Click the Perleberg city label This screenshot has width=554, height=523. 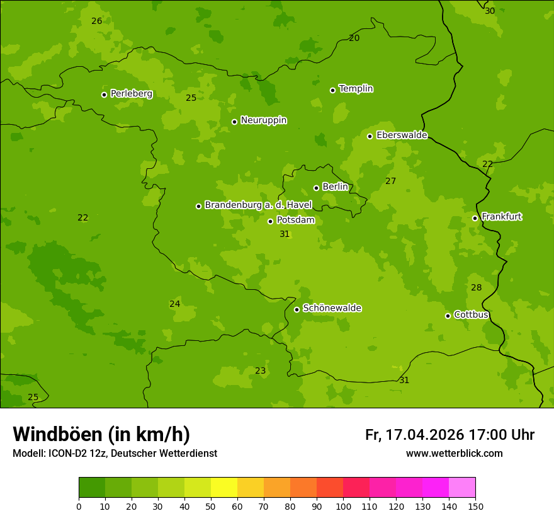click(x=131, y=94)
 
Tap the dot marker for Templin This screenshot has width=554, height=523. click(x=332, y=90)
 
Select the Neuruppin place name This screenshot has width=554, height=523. click(x=263, y=120)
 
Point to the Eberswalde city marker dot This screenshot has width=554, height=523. click(x=370, y=136)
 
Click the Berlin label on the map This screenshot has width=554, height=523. click(x=335, y=187)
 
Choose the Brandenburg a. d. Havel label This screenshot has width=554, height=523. click(x=258, y=205)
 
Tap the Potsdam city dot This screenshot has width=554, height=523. click(x=270, y=221)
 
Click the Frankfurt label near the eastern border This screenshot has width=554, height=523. click(x=501, y=217)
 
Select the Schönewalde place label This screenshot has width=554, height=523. click(x=332, y=308)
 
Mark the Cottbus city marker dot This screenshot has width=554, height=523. click(x=448, y=316)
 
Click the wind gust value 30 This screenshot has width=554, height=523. click(x=490, y=11)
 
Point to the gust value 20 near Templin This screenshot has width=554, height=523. click(x=354, y=38)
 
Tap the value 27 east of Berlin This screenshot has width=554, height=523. click(x=390, y=181)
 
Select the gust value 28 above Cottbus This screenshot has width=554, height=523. click(x=476, y=287)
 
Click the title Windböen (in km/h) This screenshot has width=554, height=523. click(x=101, y=434)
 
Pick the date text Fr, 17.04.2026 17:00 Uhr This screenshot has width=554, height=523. click(x=449, y=435)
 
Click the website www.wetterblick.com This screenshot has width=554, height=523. click(x=454, y=453)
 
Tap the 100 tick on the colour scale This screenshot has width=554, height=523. click(x=343, y=506)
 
